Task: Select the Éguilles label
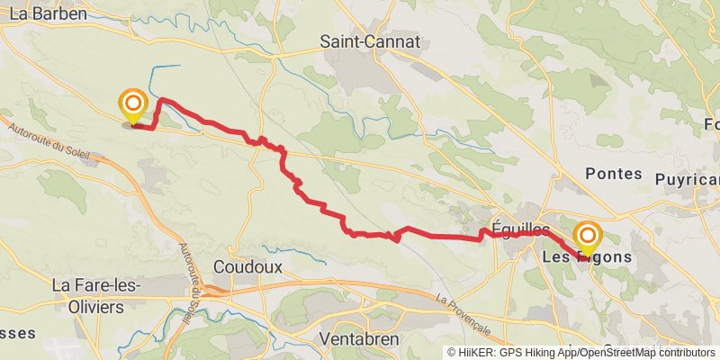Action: tap(521, 229)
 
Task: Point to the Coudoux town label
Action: tap(248, 267)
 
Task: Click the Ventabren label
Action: tap(360, 339)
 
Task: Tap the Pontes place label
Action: tap(613, 174)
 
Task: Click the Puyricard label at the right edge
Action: tap(688, 180)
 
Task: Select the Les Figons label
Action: tap(587, 257)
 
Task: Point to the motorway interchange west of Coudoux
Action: tap(213, 290)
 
